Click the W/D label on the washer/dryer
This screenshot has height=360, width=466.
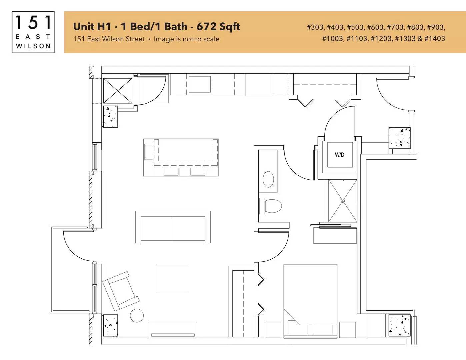tap(339, 155)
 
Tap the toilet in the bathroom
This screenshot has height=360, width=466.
tap(270, 206)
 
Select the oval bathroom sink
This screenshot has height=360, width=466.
tap(268, 179)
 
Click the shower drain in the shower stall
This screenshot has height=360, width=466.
tap(343, 201)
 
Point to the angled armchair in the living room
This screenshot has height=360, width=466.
tap(121, 291)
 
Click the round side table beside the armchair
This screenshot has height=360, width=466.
tap(137, 315)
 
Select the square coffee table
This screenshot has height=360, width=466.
tap(173, 278)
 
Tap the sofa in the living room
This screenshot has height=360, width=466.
tap(173, 227)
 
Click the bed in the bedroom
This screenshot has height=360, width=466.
tap(310, 301)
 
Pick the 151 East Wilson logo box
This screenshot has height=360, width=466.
tap(33, 32)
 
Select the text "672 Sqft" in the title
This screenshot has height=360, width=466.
tap(218, 27)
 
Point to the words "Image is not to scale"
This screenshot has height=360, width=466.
tap(187, 39)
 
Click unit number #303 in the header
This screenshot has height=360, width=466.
tap(315, 27)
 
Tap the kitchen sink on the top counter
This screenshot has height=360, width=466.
tap(200, 84)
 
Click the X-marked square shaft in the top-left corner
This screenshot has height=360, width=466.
tap(118, 91)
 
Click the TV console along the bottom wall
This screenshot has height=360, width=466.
tap(173, 330)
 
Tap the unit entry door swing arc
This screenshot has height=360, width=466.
tap(388, 99)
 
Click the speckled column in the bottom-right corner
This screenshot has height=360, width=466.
tap(399, 325)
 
